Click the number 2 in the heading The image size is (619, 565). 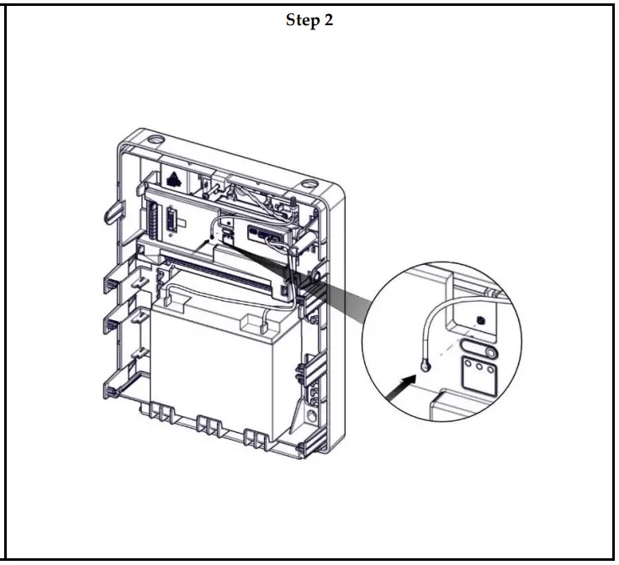point(328,21)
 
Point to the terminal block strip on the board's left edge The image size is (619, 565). point(155,221)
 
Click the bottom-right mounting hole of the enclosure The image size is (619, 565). point(313,415)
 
